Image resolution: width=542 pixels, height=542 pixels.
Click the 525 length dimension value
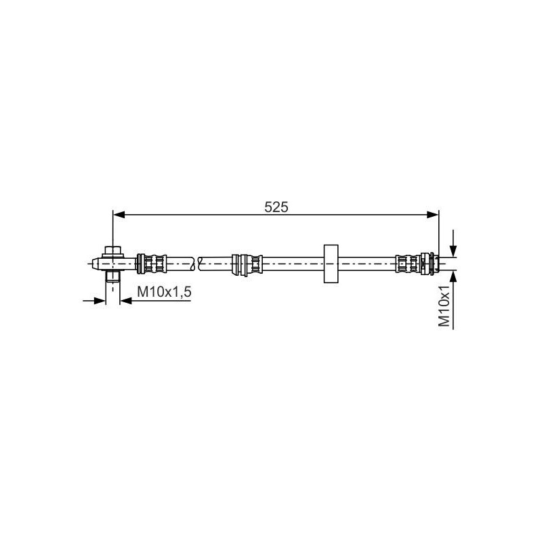pos(276,207)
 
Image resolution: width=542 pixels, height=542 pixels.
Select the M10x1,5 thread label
pos(164,292)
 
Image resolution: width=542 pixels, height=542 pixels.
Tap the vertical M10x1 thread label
pos(444,306)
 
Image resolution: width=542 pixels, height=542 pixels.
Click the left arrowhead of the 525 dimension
pos(119,215)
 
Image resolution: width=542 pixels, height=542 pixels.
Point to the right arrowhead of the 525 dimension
pos(432,215)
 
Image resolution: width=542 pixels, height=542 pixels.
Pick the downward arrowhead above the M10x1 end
pos(453,251)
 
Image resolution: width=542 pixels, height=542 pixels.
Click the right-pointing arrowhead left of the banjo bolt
pos(100,301)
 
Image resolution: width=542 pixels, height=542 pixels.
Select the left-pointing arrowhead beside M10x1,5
pos(125,301)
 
